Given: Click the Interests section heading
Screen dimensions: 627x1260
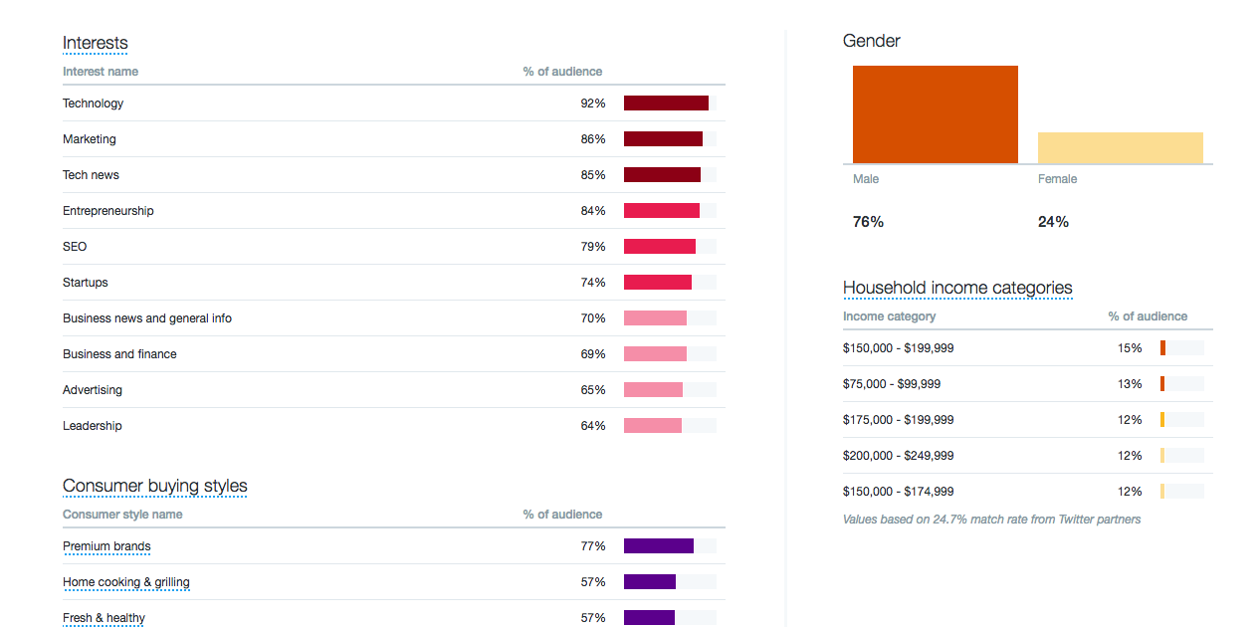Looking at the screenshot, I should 95,43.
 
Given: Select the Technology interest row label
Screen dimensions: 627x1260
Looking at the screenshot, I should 93,104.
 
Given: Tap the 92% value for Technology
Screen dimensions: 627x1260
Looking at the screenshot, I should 593,104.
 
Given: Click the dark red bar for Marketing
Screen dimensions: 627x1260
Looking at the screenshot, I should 663,139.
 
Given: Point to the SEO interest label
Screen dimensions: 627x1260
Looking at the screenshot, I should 75,247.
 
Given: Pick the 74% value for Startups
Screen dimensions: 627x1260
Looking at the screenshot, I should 593,283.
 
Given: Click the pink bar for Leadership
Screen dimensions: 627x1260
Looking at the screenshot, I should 653,426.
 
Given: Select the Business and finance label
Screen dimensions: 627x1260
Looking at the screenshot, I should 119,354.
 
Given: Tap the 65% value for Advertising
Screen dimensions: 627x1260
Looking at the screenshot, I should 593,390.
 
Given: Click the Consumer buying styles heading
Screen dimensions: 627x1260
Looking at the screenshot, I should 154,486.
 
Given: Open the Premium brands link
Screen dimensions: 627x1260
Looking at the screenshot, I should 106,546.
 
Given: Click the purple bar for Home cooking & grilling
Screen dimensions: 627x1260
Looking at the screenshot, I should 650,582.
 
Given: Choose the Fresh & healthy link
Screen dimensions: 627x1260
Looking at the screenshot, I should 104,618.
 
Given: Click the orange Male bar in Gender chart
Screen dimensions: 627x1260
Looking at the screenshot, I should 935,114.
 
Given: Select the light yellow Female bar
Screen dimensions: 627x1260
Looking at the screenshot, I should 1120,147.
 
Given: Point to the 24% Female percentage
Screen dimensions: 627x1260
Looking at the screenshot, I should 1053,222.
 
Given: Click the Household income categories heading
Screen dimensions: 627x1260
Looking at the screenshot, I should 957,288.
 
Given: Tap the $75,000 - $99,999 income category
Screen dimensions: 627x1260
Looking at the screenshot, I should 891,384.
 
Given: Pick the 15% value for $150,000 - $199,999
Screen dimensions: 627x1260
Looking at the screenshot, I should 1130,348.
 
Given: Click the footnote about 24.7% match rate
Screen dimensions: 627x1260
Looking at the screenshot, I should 991,520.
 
